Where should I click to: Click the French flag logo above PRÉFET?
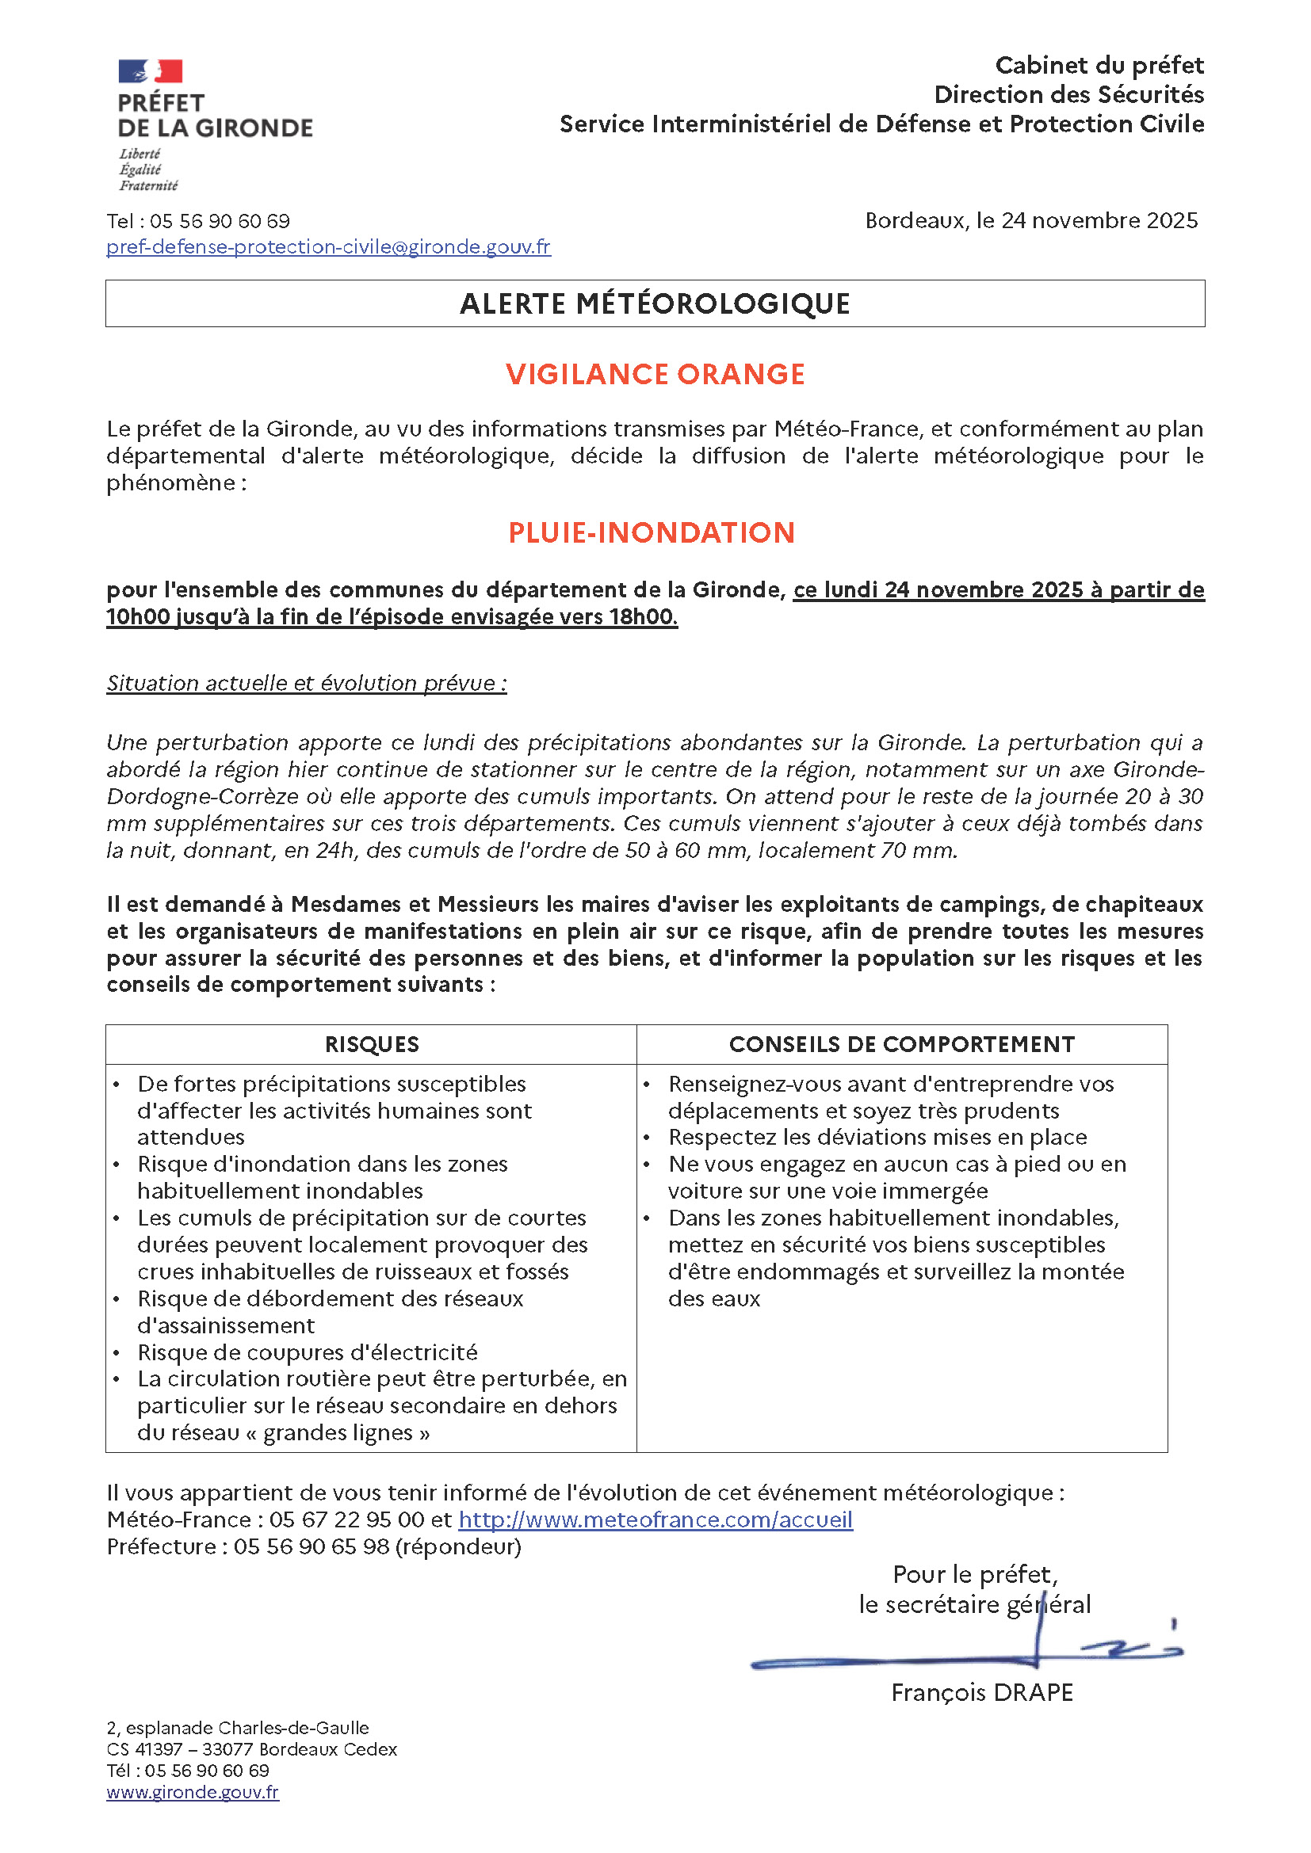click(150, 71)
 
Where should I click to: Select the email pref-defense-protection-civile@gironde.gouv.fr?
click(328, 247)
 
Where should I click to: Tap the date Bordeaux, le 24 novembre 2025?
click(1031, 220)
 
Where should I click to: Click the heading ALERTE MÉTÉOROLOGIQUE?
click(655, 303)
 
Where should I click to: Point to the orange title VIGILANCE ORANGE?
click(655, 374)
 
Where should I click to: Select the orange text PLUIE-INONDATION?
click(652, 532)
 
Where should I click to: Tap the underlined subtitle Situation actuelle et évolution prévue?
click(306, 683)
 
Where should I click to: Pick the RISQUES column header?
click(371, 1044)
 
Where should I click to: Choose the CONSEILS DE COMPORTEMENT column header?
click(902, 1044)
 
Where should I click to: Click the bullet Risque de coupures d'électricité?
click(308, 1352)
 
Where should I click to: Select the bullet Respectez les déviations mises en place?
click(877, 1137)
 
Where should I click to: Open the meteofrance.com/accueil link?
click(655, 1519)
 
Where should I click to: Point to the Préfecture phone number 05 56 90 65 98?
click(312, 1546)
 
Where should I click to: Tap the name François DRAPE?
click(981, 1692)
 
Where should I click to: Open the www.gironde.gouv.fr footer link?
click(192, 1792)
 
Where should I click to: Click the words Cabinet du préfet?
click(1099, 66)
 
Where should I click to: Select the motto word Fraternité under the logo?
click(148, 185)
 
